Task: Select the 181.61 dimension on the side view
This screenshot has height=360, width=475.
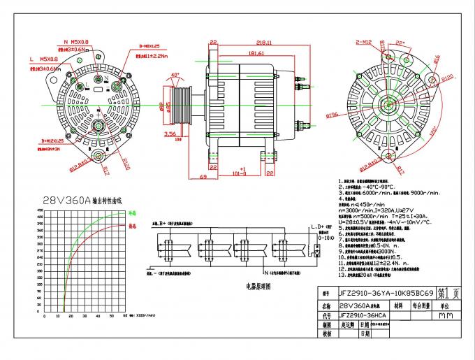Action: [x=254, y=52]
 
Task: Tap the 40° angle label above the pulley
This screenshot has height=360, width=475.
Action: [x=174, y=75]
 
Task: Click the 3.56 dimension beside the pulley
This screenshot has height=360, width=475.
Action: [x=170, y=133]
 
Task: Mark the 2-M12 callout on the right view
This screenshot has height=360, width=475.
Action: [x=364, y=43]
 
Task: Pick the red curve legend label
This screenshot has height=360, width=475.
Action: [x=131, y=226]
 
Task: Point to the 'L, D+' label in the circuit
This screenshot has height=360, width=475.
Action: [x=316, y=227]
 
